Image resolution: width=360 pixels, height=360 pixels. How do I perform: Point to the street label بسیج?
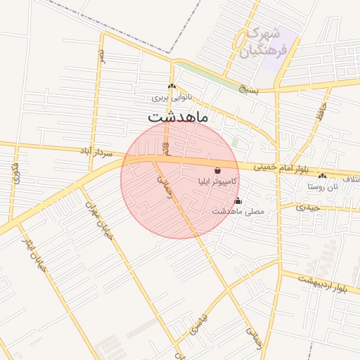248,89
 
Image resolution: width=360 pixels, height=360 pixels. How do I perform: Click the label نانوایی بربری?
172,98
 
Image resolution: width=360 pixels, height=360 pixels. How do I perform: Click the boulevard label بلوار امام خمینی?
283,168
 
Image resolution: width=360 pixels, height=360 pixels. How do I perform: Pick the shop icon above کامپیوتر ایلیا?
217,170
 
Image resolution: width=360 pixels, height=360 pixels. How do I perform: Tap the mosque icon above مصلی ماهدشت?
238,200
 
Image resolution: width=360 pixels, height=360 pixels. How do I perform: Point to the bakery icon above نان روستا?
322,176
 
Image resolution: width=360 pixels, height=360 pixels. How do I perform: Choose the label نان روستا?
322,186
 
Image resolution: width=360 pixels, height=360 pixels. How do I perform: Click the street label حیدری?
308,207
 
